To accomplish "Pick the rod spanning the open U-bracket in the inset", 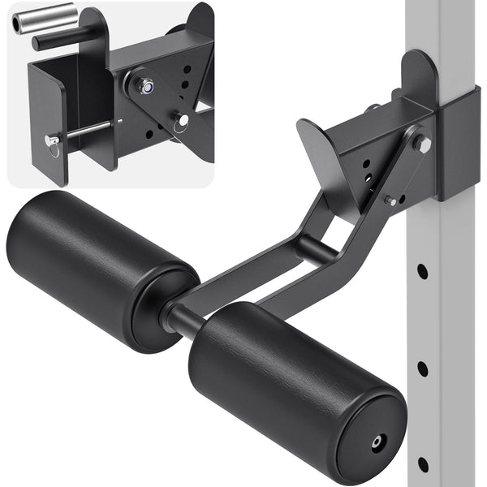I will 85,131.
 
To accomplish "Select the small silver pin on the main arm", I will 390,200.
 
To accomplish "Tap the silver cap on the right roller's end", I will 378,443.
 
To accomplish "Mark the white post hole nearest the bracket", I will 422,271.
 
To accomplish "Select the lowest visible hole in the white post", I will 422,464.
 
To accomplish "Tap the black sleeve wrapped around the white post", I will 459,142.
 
